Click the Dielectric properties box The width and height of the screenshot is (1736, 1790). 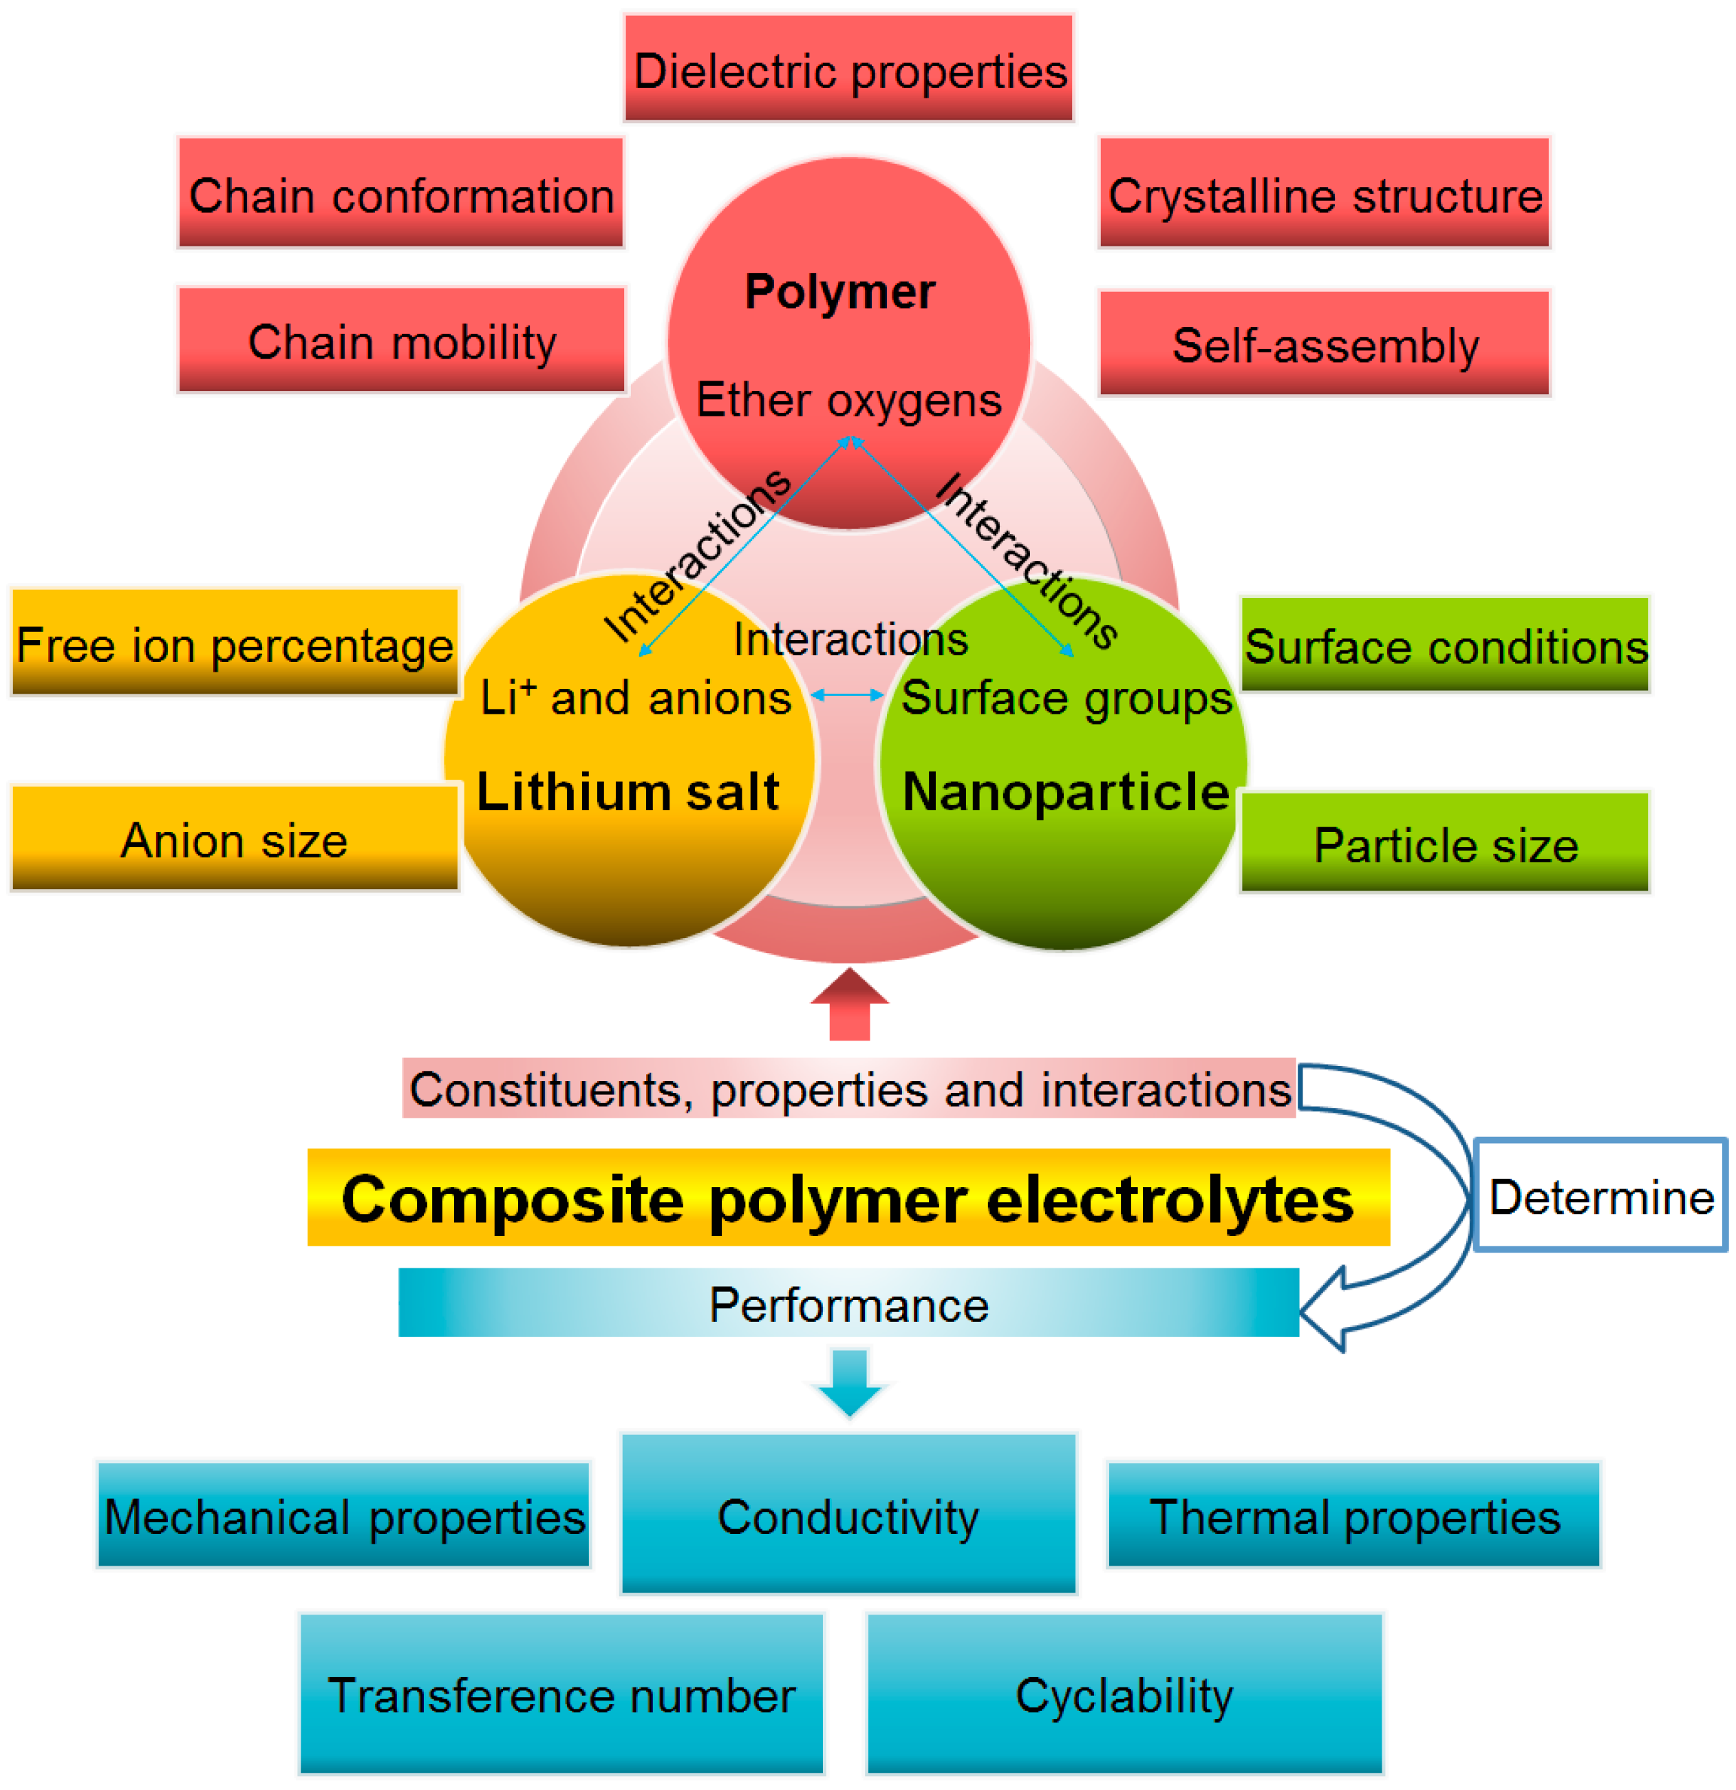pyautogui.click(x=848, y=69)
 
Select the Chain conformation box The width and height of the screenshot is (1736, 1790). pyautogui.click(x=401, y=193)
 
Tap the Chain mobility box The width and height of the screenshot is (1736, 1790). pyautogui.click(x=402, y=341)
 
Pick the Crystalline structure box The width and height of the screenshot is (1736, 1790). pyautogui.click(x=1324, y=193)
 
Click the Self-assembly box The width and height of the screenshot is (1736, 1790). pyautogui.click(x=1324, y=344)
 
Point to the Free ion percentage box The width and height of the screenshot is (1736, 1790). pyautogui.click(x=235, y=643)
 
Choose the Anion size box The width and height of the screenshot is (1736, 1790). pyautogui.click(x=235, y=838)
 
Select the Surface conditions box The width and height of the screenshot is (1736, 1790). pyautogui.click(x=1445, y=645)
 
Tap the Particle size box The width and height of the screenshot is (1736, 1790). pyautogui.click(x=1445, y=843)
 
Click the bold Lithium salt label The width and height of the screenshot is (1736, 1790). pyautogui.click(x=628, y=791)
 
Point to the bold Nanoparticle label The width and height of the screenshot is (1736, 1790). pyautogui.click(x=1065, y=791)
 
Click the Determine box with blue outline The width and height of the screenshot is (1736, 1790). pyautogui.click(x=1601, y=1196)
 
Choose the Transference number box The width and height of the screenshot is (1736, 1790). pyautogui.click(x=561, y=1694)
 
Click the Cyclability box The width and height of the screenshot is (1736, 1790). pyautogui.click(x=1124, y=1694)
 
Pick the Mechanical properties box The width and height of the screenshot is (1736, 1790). pyautogui.click(x=344, y=1516)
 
